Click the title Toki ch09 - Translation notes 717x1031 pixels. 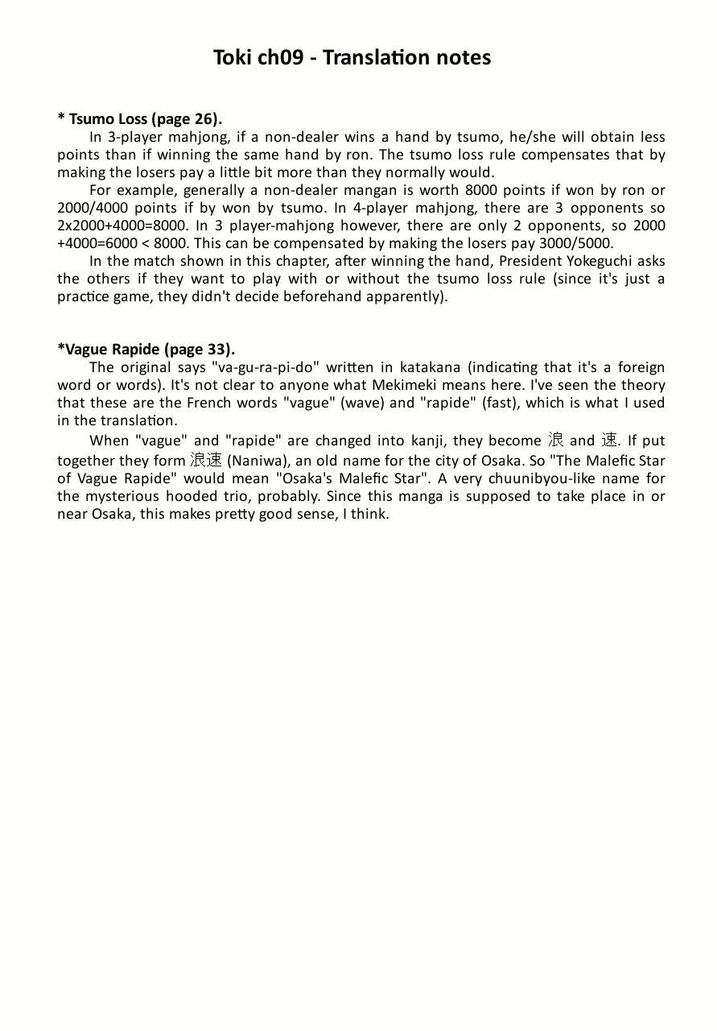click(352, 58)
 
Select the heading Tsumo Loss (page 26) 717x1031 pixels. click(140, 119)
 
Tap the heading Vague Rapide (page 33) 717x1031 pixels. click(146, 350)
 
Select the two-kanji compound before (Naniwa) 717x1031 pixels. click(206, 460)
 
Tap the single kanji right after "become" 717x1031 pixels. click(555, 440)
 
